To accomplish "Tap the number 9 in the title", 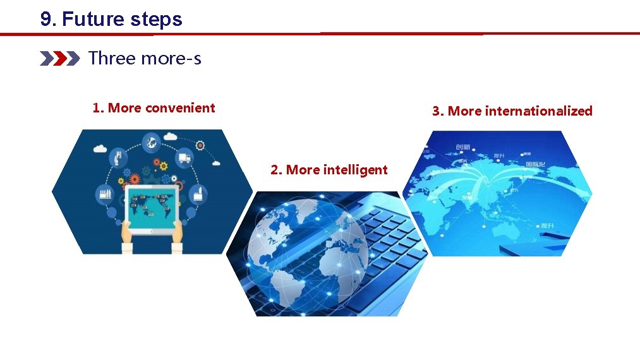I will [x=45, y=19].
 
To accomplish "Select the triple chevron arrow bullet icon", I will [x=59, y=59].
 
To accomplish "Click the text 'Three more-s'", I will [x=145, y=59].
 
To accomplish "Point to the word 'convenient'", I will [x=180, y=108].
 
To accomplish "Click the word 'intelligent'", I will [x=355, y=170].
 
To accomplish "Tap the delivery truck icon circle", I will [x=185, y=159].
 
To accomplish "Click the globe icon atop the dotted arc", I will [x=152, y=143].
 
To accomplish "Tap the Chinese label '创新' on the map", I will [x=463, y=147].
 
